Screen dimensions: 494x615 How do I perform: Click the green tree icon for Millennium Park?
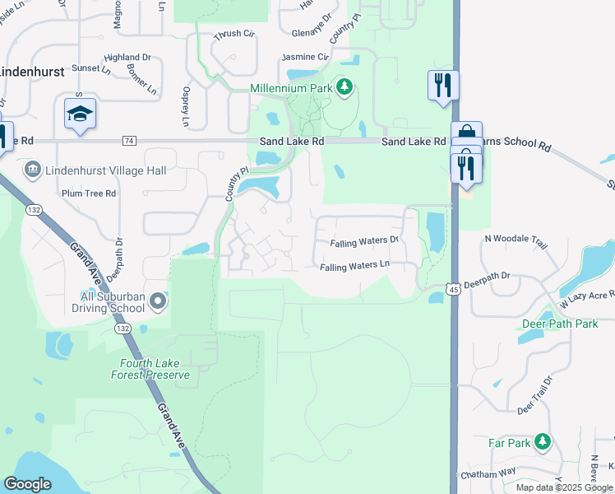345,86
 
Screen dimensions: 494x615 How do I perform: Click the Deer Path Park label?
559,324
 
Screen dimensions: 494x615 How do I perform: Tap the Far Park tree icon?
542,442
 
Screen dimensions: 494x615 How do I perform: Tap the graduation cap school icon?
81,114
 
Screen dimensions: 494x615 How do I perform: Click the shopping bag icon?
466,135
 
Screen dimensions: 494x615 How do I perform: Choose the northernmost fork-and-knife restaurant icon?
443,85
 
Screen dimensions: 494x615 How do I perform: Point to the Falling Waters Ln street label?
354,267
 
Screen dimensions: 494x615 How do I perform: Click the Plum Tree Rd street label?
89,193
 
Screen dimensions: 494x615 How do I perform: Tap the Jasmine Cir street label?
305,57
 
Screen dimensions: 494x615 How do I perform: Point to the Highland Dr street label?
127,58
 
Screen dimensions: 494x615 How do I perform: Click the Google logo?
28,484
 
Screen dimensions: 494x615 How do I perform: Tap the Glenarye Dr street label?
312,34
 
